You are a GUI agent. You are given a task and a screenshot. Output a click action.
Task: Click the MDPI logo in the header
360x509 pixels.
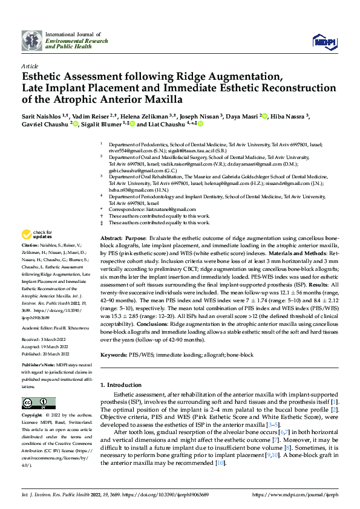pyautogui.click(x=322, y=41)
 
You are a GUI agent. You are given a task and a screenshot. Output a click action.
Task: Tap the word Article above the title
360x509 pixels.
pyautogui.click(x=30, y=65)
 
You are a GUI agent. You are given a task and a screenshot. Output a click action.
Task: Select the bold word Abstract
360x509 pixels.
pyautogui.click(x=111, y=239)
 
